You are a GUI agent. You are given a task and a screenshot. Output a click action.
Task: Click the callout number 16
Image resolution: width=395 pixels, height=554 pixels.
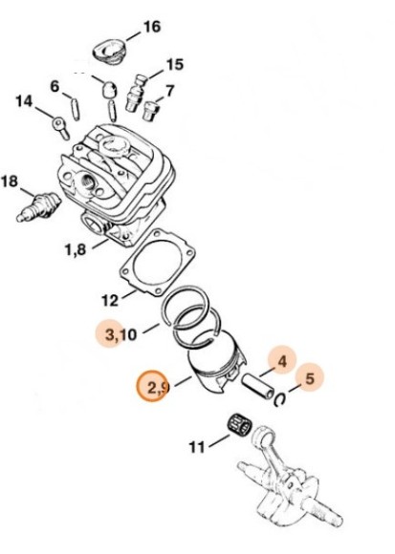tap(151, 27)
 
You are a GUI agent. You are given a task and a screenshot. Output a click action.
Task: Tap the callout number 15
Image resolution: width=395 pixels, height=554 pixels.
tap(175, 65)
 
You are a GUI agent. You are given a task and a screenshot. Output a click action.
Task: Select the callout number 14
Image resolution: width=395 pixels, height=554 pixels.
tap(24, 102)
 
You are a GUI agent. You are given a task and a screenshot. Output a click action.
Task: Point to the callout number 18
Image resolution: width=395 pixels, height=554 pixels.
tap(10, 181)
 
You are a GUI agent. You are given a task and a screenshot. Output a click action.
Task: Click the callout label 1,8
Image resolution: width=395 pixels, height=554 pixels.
tap(76, 250)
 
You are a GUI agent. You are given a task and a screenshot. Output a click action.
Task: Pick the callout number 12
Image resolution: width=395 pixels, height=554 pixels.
tap(110, 300)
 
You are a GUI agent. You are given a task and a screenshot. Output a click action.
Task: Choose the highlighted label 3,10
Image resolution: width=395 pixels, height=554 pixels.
tap(121, 334)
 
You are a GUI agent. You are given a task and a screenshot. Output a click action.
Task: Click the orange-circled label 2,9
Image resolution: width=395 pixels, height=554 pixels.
tap(157, 388)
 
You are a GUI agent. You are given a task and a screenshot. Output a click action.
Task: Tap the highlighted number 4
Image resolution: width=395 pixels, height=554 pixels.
tap(282, 361)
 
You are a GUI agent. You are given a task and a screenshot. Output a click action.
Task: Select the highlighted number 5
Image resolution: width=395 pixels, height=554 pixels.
tap(310, 378)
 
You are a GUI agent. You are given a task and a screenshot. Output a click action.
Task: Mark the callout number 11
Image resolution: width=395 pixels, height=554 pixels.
tap(197, 447)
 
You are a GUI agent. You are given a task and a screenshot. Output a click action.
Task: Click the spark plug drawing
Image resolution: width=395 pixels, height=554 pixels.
tap(38, 207)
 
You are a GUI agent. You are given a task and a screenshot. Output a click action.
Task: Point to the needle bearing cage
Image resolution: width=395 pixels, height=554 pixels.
tap(239, 425)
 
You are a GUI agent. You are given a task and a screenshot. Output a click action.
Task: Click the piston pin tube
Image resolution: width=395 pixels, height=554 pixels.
tap(258, 386)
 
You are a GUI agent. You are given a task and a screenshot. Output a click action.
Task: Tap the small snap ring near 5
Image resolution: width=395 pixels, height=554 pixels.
tap(280, 399)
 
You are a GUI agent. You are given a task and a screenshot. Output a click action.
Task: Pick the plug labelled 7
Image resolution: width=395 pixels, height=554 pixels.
tap(150, 112)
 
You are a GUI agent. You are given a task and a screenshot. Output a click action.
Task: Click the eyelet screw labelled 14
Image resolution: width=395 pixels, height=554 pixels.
tap(60, 128)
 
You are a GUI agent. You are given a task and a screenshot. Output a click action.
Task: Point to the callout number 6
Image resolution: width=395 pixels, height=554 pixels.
tap(55, 86)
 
